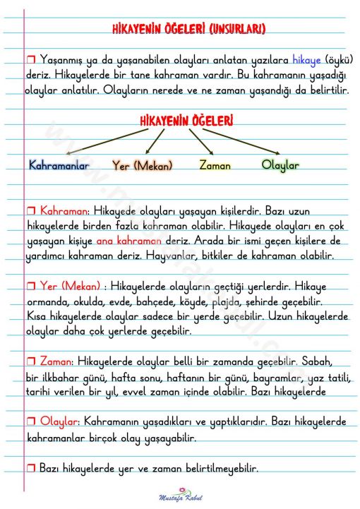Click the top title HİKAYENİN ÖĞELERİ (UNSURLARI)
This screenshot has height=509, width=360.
188,29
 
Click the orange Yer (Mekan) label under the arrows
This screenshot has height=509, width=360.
144,165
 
